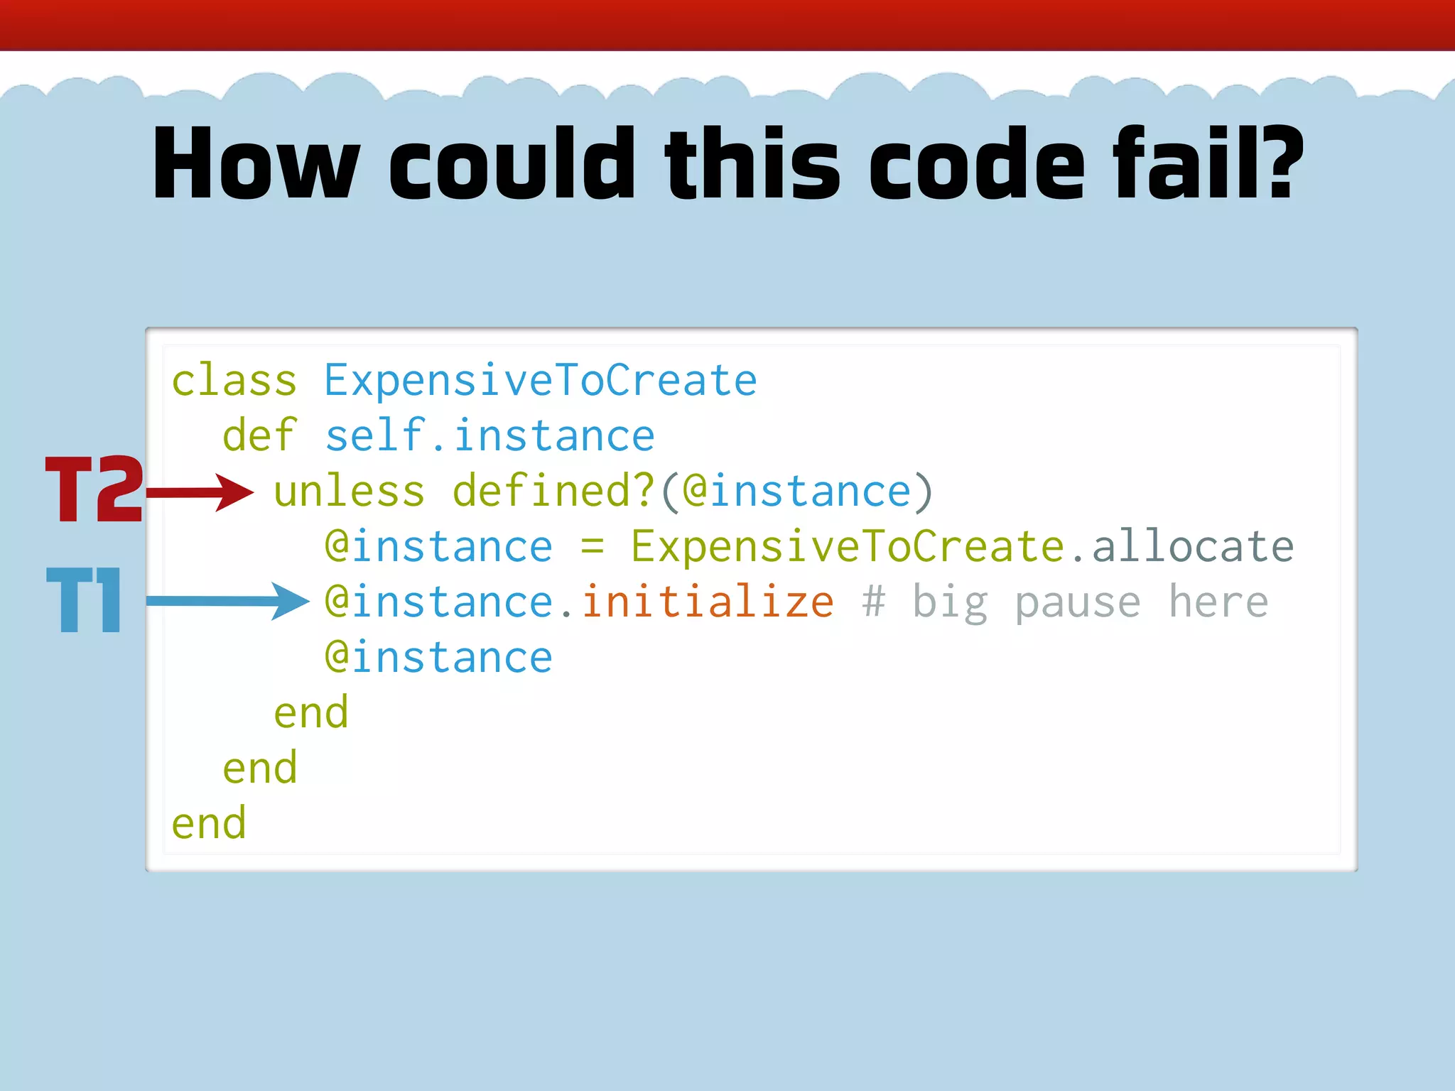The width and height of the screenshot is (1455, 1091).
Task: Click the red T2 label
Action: pyautogui.click(x=94, y=489)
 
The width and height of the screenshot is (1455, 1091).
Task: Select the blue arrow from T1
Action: pyautogui.click(x=227, y=601)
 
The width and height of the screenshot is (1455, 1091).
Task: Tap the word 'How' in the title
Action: pyautogui.click(x=256, y=163)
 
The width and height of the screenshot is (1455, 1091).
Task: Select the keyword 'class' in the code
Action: pyautogui.click(x=234, y=381)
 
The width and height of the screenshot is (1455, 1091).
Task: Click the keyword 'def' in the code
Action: pyautogui.click(x=259, y=435)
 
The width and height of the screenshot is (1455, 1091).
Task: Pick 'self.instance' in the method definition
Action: pyautogui.click(x=489, y=435)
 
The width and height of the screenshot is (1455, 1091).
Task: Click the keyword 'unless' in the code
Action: pyautogui.click(x=349, y=491)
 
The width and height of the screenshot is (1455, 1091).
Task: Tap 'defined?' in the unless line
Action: pyautogui.click(x=553, y=491)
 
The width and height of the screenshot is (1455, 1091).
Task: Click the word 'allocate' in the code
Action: pyautogui.click(x=1193, y=546)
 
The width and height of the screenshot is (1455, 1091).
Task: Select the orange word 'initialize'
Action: pyautogui.click(x=708, y=602)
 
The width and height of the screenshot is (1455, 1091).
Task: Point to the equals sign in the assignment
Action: pyautogui.click(x=592, y=548)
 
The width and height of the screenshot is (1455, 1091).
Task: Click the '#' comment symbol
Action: pyautogui.click(x=873, y=602)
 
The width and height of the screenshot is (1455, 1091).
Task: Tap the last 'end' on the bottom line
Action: pyautogui.click(x=208, y=823)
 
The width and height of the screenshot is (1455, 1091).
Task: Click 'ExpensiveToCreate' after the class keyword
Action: pyautogui.click(x=541, y=381)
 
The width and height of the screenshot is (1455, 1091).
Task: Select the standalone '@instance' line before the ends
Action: pyautogui.click(x=438, y=657)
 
